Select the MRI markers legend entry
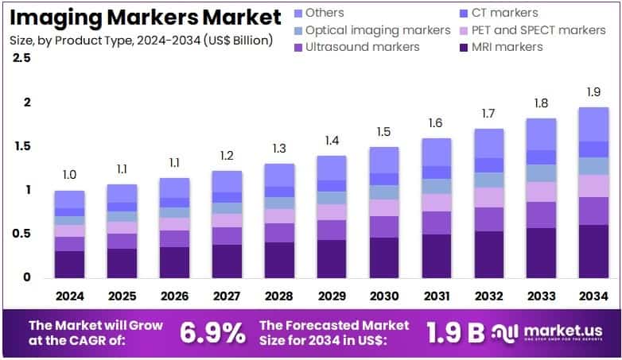(x=507, y=47)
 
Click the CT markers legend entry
(x=504, y=13)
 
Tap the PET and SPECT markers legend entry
(x=538, y=30)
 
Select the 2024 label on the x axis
(x=69, y=296)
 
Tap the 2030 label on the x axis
(x=384, y=296)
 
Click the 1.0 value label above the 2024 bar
(x=69, y=175)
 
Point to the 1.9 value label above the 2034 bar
(x=593, y=91)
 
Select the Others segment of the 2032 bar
(x=488, y=143)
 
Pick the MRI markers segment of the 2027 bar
(x=227, y=261)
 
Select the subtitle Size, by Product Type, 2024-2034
(x=141, y=40)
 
